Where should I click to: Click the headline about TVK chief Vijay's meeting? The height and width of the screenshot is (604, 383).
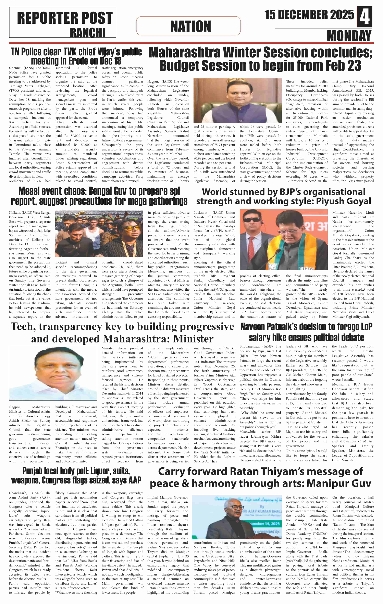[x=76, y=56]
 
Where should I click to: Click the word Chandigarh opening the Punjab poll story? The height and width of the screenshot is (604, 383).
[x=18, y=493]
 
